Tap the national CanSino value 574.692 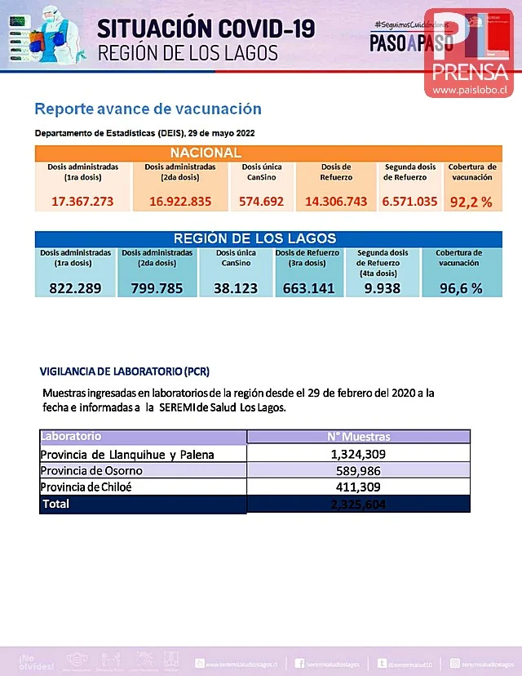262,202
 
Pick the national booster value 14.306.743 335,202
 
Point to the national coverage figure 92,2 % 471,202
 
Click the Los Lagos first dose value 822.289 76,287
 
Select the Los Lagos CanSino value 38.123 236,287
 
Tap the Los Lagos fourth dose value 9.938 383,287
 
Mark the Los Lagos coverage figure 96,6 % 458,287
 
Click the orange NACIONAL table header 206,153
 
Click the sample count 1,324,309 359,454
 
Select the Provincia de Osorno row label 92,470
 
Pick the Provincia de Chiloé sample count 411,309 359,487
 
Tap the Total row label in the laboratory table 56,505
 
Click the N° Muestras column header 359,437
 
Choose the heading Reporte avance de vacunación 148,109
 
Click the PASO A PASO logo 400,42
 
